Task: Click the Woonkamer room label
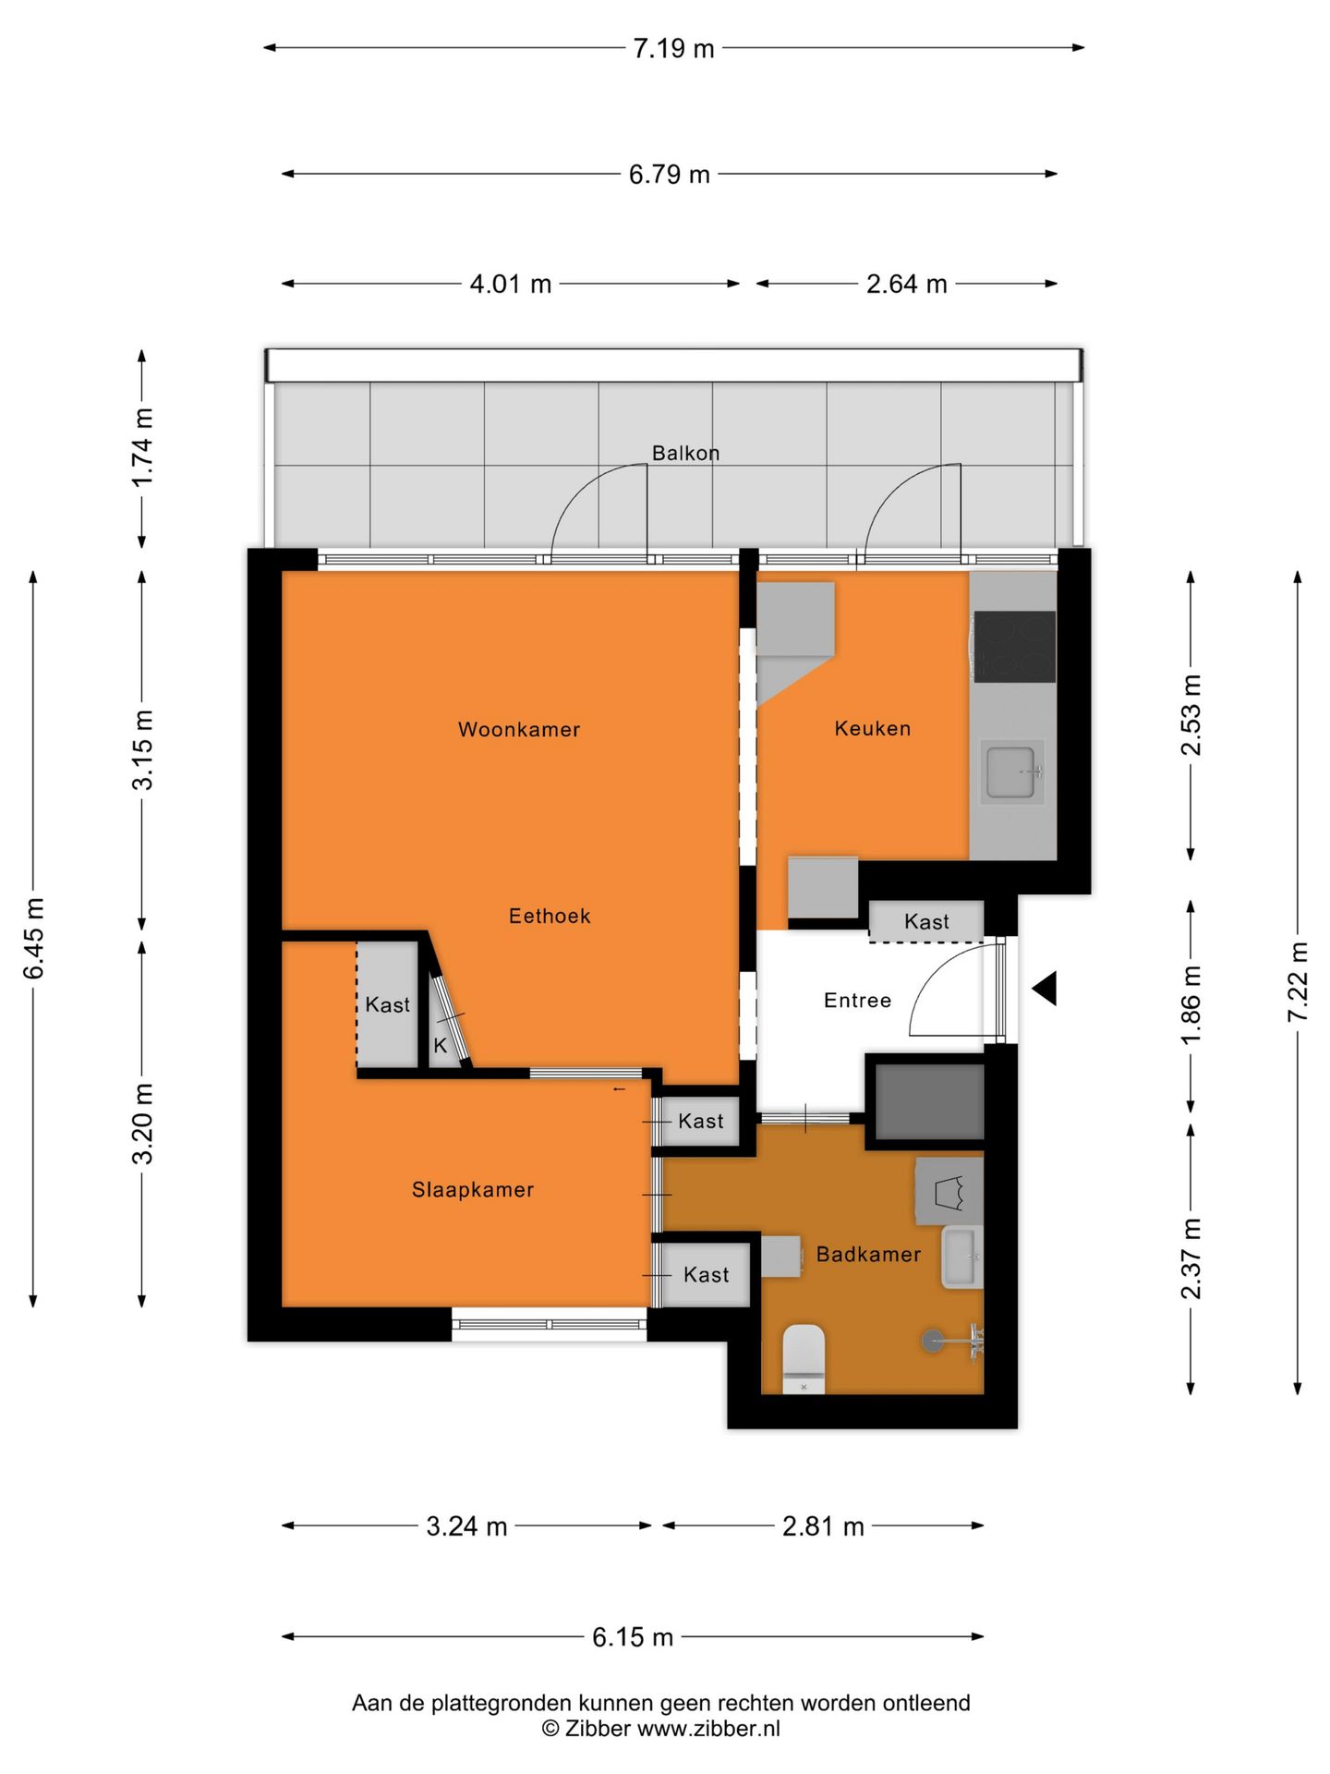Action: pos(518,729)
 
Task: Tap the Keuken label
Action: pos(872,728)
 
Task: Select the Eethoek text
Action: pos(549,916)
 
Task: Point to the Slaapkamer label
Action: pos(472,1189)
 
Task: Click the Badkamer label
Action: pos(868,1254)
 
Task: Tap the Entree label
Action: pos(857,1000)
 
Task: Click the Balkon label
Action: pos(685,453)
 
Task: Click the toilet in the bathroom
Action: pos(804,1357)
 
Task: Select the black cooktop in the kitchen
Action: pos(1014,647)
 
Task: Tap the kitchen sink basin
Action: pos(1010,772)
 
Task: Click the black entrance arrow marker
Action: pos(1045,989)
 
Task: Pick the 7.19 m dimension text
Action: pos(673,48)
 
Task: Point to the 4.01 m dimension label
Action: pos(510,284)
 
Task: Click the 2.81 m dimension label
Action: pos(822,1525)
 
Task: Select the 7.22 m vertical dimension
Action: pos(1298,981)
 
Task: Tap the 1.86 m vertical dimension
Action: pos(1191,1005)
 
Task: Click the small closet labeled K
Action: pos(441,1045)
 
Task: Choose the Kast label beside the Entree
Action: pos(926,921)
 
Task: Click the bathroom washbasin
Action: pos(961,1258)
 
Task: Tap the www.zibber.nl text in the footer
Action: pos(708,1728)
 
